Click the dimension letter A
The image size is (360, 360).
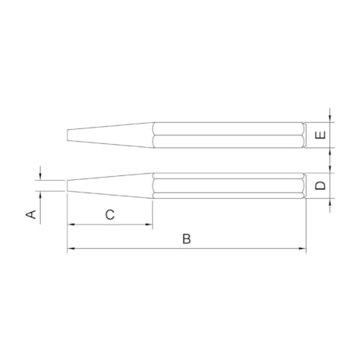point(32,214)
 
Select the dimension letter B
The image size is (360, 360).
point(186,239)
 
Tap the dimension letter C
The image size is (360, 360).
point(110,214)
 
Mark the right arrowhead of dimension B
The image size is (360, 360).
point(301,250)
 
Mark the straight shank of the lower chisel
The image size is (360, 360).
point(227,185)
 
